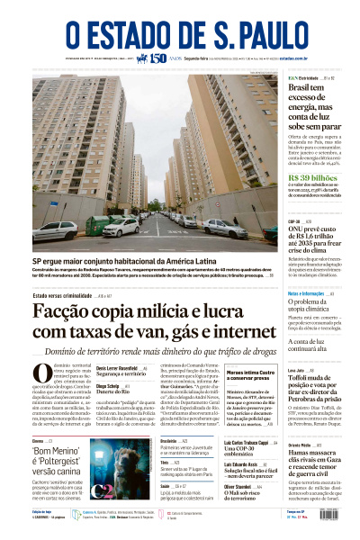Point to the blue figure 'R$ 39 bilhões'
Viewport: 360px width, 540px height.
(307, 178)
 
